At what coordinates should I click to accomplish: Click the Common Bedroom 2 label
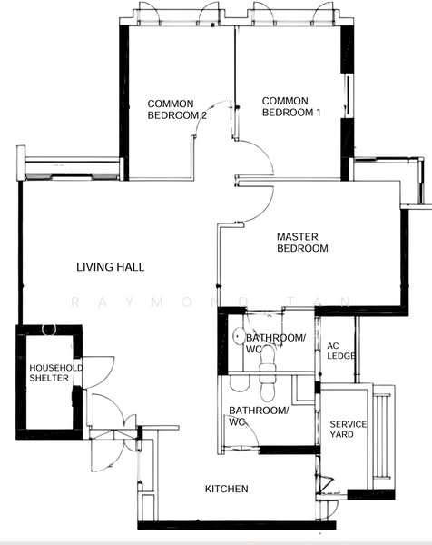click(177, 109)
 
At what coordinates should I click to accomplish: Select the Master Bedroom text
click(302, 243)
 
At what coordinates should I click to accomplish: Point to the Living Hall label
click(110, 267)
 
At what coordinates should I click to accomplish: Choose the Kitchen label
click(226, 490)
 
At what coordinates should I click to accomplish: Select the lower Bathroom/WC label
click(259, 416)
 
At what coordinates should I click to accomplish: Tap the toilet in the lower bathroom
click(267, 387)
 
